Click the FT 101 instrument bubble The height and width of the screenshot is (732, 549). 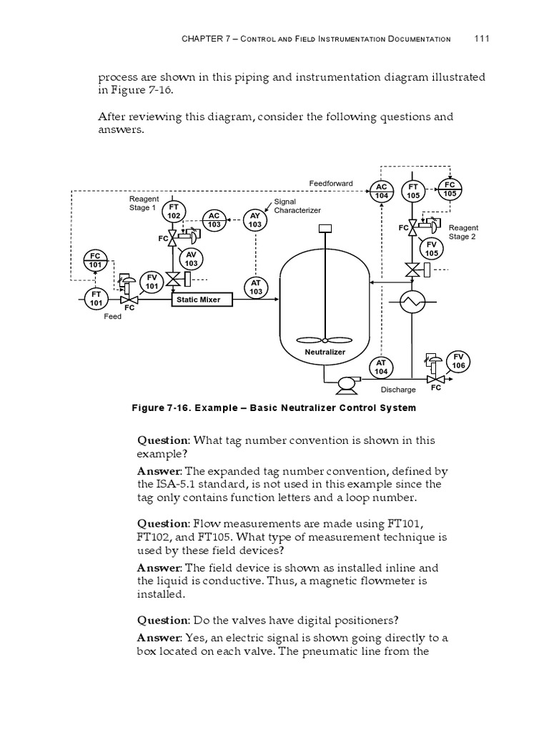[96, 299]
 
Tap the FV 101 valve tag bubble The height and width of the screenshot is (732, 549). [152, 282]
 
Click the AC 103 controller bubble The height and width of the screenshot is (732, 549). [214, 220]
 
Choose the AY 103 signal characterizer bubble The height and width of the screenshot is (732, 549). [255, 220]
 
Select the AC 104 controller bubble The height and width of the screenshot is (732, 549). [381, 191]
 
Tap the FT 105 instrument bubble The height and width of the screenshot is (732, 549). [413, 191]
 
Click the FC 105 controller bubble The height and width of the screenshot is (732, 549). [450, 189]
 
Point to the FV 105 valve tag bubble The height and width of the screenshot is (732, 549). [432, 249]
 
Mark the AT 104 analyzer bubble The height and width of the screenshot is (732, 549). [381, 367]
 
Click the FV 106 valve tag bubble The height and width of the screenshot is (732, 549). [458, 362]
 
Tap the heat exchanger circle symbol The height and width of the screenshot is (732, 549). [412, 303]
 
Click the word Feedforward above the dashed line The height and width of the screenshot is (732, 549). [330, 184]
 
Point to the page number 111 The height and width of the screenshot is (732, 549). [481, 39]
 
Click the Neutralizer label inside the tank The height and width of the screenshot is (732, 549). [325, 352]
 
